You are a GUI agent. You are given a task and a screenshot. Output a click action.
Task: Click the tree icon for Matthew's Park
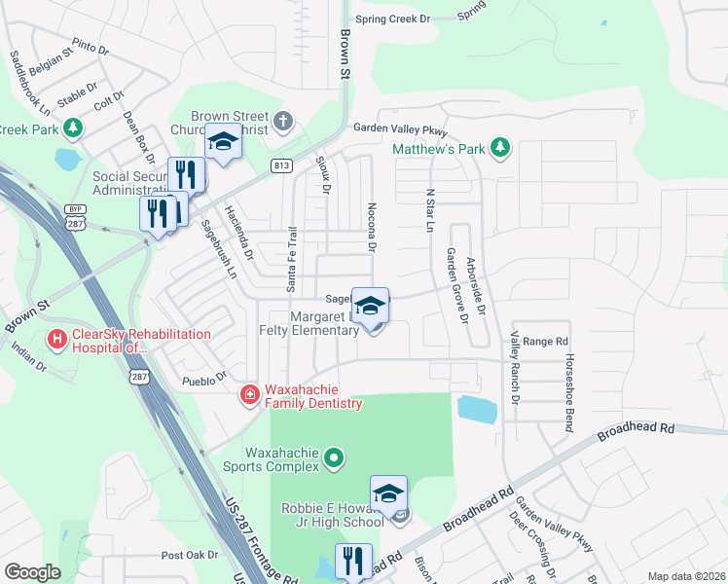pos(500,147)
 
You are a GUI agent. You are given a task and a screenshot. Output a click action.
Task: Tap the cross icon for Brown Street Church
pos(282,122)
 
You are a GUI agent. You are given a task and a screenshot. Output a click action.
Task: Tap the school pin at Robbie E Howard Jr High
pos(388,494)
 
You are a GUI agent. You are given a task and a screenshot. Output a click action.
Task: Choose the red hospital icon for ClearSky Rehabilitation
pos(57,340)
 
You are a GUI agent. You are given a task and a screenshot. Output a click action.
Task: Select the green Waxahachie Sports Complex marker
pos(334,456)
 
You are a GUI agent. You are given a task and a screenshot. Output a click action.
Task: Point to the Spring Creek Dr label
pos(392,18)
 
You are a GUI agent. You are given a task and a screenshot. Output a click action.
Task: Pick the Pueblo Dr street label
pos(204,375)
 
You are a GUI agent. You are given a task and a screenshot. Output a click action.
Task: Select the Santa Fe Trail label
pos(290,257)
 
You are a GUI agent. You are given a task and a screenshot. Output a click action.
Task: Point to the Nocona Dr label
pos(371,227)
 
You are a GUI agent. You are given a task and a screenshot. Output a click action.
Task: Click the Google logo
pos(32,572)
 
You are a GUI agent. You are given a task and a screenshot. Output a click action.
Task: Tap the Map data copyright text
pos(685,576)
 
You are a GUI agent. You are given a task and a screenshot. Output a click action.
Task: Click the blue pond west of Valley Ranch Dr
pos(477,409)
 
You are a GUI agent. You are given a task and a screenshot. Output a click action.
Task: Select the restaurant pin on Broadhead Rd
pos(353,562)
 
